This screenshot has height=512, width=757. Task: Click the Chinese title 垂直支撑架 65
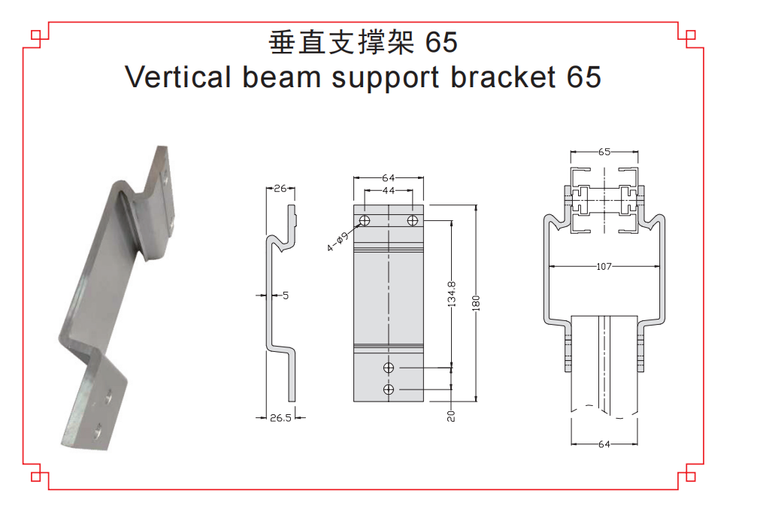(x=362, y=43)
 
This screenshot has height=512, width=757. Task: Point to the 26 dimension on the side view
(x=280, y=189)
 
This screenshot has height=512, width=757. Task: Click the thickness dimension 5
(x=286, y=295)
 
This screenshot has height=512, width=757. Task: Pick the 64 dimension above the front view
(x=389, y=178)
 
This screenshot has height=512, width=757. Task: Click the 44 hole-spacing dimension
(x=389, y=191)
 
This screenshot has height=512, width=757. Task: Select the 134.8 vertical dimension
(x=451, y=294)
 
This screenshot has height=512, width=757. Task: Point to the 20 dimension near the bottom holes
(x=451, y=414)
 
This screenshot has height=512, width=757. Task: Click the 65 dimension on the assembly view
(x=604, y=152)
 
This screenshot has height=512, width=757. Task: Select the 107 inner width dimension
(x=604, y=266)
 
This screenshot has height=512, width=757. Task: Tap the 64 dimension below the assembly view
(x=604, y=444)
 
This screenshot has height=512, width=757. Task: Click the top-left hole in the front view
(x=365, y=220)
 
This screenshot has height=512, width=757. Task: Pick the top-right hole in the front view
(x=412, y=220)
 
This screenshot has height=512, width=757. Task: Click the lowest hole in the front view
(x=389, y=389)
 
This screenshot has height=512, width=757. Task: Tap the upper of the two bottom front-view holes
(x=389, y=368)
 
